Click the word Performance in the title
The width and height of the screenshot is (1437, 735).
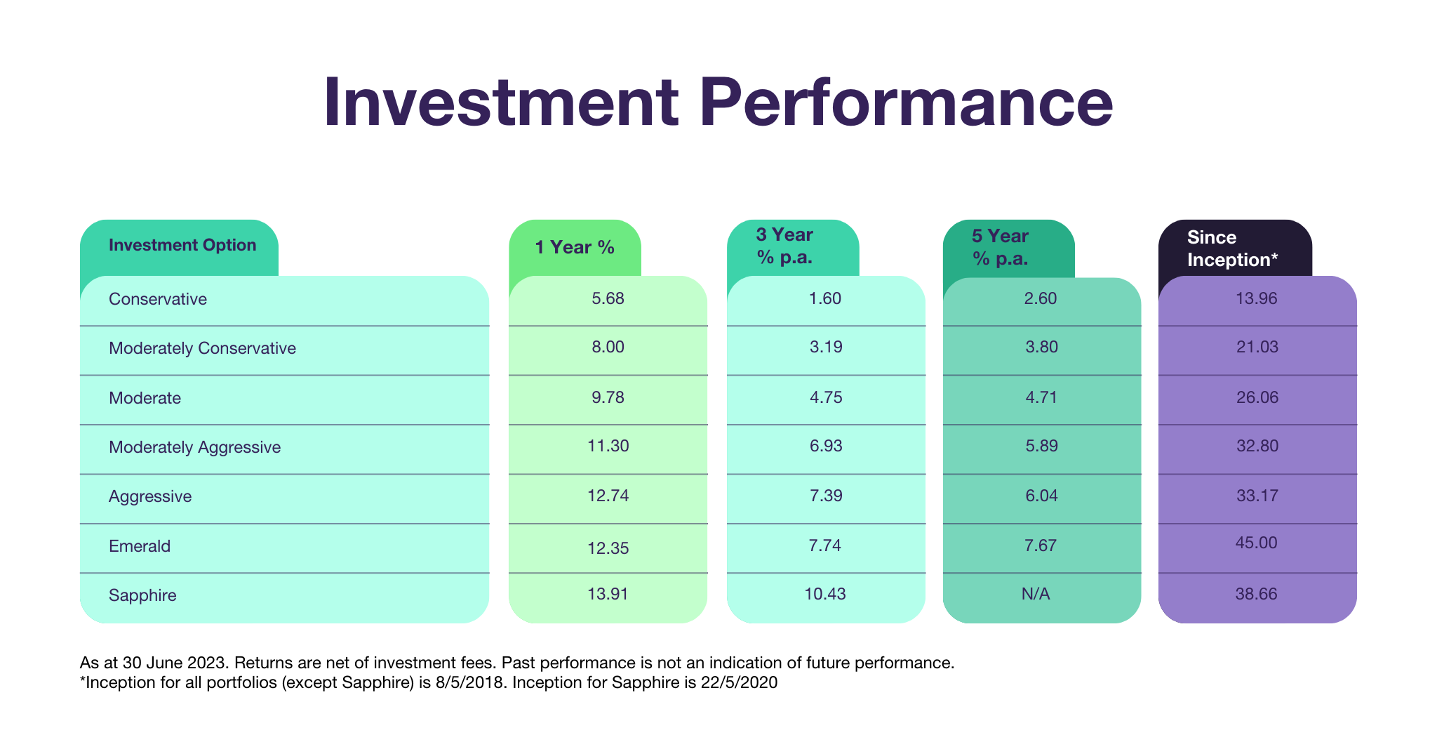coord(906,103)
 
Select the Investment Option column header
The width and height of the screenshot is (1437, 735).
coord(182,245)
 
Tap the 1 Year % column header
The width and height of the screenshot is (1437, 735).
coord(575,247)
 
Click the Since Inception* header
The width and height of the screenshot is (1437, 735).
coord(1232,249)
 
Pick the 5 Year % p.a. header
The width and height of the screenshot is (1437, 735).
coord(1000,247)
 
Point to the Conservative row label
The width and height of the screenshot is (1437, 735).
coord(158,299)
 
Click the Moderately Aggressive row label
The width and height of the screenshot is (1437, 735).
coord(194,447)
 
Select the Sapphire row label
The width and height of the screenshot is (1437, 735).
coord(142,595)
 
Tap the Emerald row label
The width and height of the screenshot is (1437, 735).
coord(140,546)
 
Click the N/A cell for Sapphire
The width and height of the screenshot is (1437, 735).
coord(1036,595)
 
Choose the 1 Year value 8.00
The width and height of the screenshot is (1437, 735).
coord(608,347)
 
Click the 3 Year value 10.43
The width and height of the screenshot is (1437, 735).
coord(825,594)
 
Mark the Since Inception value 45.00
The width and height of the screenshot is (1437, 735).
coord(1257,543)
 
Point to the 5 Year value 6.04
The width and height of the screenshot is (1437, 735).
coord(1041,496)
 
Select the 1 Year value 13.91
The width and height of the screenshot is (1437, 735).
coord(608,594)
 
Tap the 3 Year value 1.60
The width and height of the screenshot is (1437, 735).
coord(825,298)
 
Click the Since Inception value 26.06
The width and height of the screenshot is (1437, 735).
coord(1257,397)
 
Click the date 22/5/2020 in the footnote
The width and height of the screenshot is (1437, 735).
coord(739,682)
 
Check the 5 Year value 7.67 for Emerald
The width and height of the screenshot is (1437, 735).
coord(1040,545)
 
